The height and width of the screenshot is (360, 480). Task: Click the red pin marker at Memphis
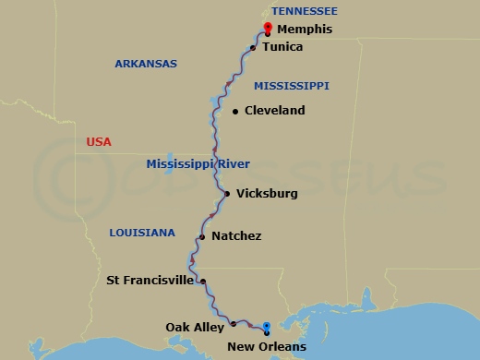click(267, 28)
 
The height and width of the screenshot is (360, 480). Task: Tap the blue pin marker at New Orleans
click(266, 327)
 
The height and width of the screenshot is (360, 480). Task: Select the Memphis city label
click(304, 30)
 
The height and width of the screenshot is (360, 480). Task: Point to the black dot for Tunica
click(253, 47)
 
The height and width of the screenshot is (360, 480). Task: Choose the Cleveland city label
click(274, 111)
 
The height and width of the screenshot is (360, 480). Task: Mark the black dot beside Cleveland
click(235, 112)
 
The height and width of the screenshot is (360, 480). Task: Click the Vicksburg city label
click(267, 194)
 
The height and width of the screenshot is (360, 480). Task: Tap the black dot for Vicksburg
click(227, 194)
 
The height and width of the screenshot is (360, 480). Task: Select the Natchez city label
click(236, 236)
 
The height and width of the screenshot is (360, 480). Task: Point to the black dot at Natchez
click(201, 236)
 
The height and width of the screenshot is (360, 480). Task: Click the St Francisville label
click(150, 281)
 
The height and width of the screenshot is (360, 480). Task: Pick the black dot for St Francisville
click(203, 282)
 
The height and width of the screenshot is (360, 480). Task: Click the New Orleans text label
click(269, 348)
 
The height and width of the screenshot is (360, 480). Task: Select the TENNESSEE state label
click(300, 11)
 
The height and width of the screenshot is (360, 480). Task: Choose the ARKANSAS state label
click(146, 64)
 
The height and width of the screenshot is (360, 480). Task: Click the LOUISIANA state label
click(141, 233)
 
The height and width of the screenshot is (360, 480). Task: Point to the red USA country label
click(98, 142)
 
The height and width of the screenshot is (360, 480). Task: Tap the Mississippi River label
click(198, 164)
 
